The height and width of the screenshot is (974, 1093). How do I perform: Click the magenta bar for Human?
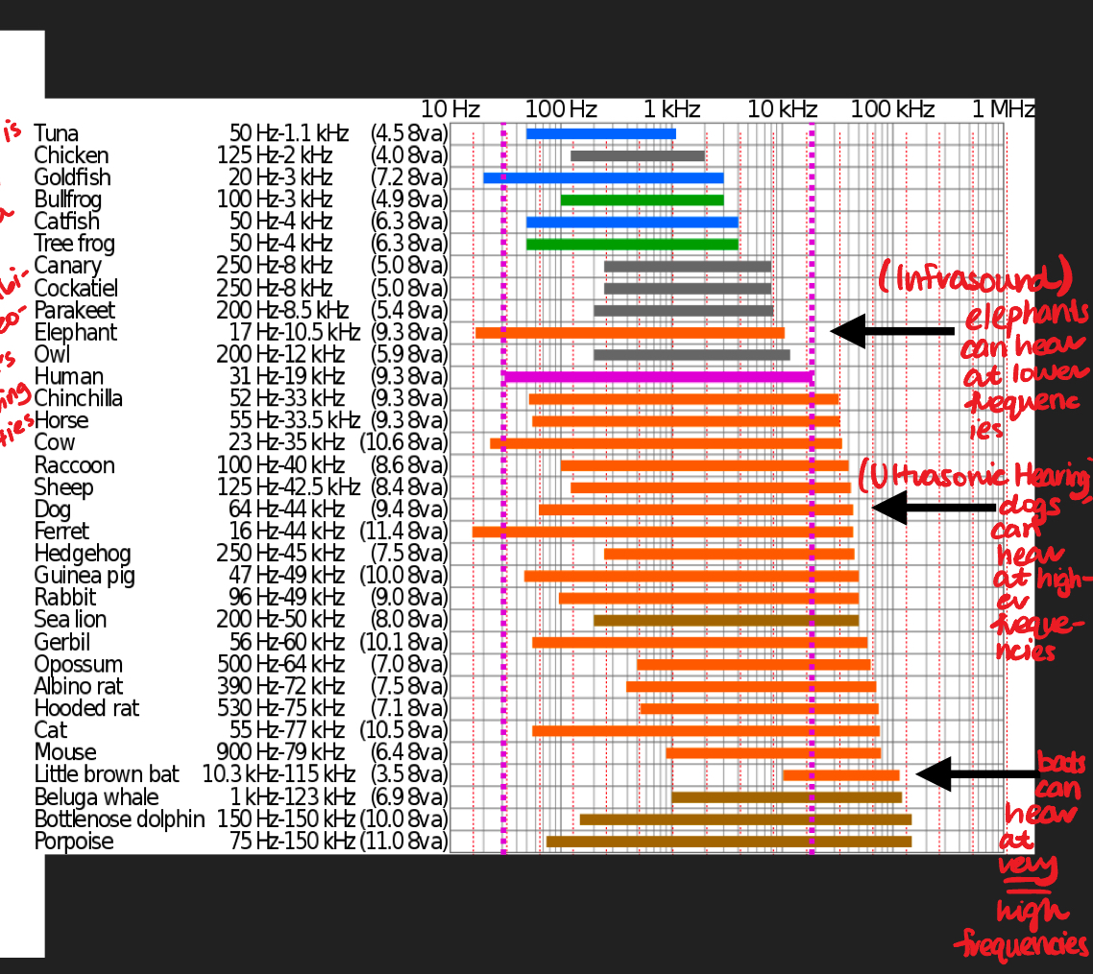click(x=659, y=377)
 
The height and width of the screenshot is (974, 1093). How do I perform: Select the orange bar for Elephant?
click(x=630, y=333)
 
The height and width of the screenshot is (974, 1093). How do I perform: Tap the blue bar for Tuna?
click(x=601, y=133)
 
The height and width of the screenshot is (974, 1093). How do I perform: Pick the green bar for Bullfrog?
click(x=642, y=201)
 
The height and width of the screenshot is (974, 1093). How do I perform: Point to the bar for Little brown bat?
click(x=841, y=775)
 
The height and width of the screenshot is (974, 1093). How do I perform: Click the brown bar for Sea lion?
click(x=726, y=620)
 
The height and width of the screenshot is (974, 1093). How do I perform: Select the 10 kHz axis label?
click(x=782, y=109)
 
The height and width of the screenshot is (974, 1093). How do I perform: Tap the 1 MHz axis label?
click(x=1003, y=109)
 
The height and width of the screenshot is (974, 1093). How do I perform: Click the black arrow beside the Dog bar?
click(x=932, y=507)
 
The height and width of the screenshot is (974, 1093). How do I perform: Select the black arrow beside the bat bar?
click(x=976, y=773)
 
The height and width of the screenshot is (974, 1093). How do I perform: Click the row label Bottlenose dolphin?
click(x=119, y=820)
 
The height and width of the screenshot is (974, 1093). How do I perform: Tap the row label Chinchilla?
click(x=78, y=398)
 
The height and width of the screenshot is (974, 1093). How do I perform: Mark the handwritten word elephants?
click(x=1027, y=314)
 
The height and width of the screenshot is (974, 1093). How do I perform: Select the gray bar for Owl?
click(x=692, y=355)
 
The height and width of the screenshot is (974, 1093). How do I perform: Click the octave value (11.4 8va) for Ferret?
click(x=403, y=532)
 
